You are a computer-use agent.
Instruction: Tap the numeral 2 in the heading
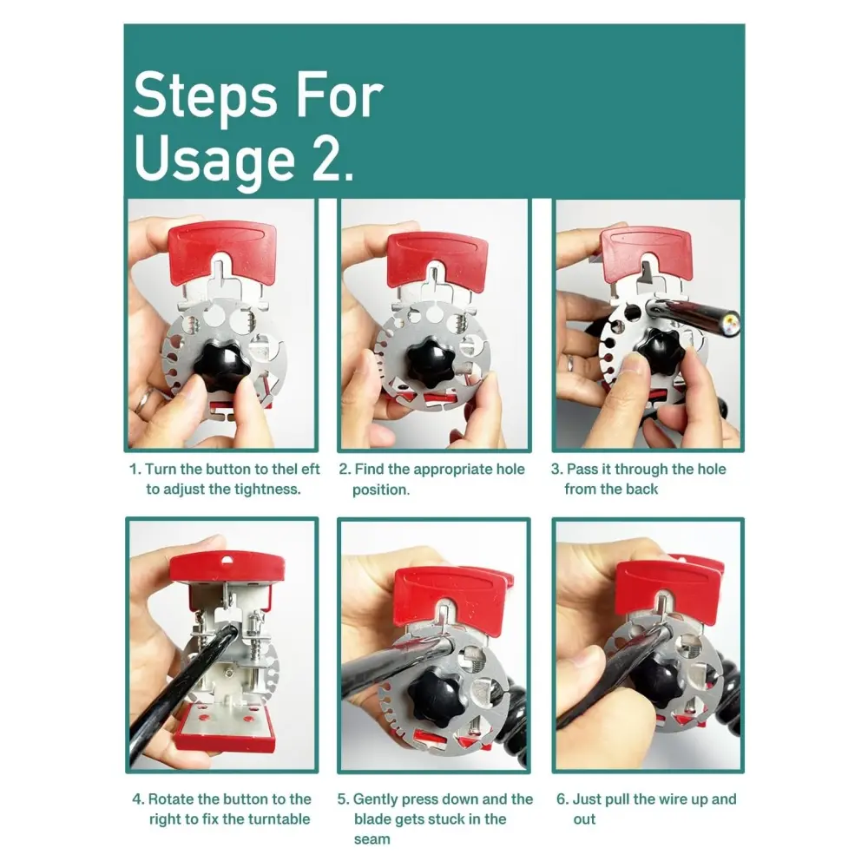[325, 160]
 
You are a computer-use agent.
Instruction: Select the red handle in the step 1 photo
[222, 253]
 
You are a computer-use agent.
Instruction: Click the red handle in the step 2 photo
[437, 260]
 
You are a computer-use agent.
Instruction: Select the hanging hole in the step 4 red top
[227, 562]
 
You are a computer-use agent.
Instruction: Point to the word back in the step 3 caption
[642, 489]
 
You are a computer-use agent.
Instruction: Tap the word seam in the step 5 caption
[372, 839]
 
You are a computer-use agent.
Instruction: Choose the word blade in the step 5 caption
[372, 819]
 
